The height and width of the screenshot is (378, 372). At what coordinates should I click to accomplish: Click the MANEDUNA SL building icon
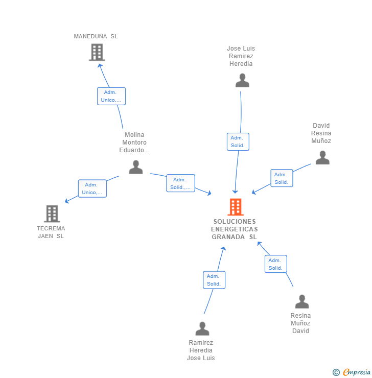(x=97, y=52)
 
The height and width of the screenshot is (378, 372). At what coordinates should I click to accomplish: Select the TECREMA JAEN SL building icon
(x=52, y=214)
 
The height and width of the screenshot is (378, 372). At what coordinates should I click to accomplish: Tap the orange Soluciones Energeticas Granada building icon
(x=235, y=207)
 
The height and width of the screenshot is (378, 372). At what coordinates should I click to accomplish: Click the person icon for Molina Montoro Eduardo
(x=136, y=167)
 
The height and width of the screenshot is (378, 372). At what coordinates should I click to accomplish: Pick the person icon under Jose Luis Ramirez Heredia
(x=242, y=80)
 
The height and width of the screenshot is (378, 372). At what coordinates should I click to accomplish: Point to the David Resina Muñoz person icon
(x=322, y=157)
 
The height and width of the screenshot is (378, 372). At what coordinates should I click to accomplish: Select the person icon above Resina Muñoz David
(x=302, y=301)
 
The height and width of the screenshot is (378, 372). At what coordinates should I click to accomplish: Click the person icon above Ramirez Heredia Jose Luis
(x=202, y=328)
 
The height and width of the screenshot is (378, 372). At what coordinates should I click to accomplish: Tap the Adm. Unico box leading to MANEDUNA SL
(x=111, y=96)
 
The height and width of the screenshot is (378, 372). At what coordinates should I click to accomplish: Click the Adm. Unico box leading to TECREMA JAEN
(x=92, y=188)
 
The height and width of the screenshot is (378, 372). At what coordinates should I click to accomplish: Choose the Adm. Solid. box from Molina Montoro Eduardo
(x=180, y=183)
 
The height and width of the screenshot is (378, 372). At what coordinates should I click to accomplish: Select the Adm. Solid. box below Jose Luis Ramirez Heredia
(x=238, y=141)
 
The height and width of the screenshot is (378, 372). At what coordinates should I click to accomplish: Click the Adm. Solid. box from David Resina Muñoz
(x=282, y=178)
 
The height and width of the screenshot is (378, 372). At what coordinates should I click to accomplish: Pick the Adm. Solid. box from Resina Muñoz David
(x=275, y=264)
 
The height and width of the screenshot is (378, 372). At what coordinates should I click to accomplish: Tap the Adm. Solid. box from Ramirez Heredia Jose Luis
(x=214, y=279)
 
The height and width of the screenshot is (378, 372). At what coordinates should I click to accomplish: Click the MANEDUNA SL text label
(x=96, y=36)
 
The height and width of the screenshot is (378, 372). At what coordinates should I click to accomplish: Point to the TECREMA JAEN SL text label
(x=51, y=232)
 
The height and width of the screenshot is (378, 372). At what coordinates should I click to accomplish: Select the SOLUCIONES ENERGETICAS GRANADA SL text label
(x=235, y=229)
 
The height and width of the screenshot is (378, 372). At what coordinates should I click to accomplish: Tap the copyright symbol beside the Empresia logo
(x=336, y=372)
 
